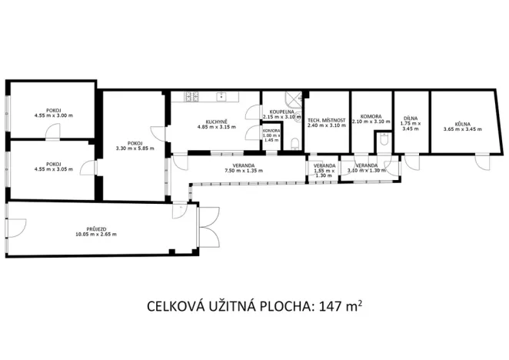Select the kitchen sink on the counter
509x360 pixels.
(221, 97)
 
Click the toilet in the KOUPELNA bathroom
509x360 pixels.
(296, 142)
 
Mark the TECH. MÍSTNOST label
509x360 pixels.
(326, 121)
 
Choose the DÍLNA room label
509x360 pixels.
(411, 118)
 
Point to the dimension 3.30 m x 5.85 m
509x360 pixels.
(135, 148)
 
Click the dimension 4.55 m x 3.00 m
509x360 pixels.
(53, 115)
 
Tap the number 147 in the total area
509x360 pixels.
(328, 308)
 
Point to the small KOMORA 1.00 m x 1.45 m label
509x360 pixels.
(271, 135)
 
